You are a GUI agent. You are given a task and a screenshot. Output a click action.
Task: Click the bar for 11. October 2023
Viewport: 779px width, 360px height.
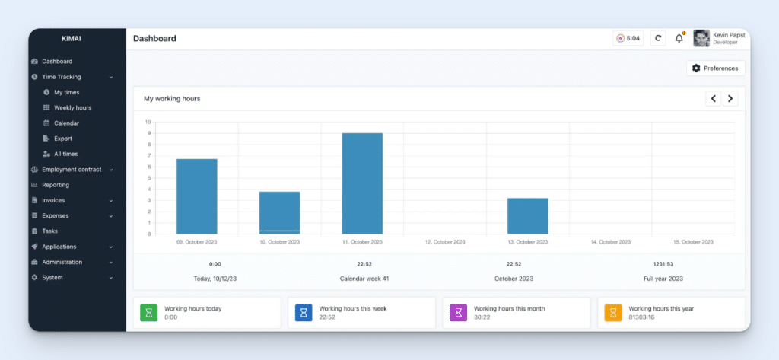click(x=362, y=183)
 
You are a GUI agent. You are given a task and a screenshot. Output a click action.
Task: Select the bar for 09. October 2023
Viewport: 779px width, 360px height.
click(x=197, y=196)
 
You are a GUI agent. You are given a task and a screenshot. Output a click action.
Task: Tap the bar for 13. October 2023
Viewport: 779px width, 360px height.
click(x=527, y=215)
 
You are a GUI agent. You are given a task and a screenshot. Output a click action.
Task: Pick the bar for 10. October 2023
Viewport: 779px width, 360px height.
click(x=279, y=212)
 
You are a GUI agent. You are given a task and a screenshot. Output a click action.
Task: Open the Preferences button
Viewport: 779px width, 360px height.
click(x=715, y=68)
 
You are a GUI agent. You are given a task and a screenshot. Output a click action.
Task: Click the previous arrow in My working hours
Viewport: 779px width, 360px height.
click(x=714, y=98)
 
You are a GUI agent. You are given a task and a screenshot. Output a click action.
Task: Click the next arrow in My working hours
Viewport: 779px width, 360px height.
click(x=730, y=98)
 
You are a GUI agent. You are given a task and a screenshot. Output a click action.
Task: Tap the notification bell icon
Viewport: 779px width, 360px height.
click(x=679, y=38)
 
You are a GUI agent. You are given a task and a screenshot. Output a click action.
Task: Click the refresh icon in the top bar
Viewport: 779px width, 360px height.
click(x=658, y=38)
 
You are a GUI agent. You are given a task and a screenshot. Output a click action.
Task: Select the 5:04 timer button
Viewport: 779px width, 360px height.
click(x=628, y=38)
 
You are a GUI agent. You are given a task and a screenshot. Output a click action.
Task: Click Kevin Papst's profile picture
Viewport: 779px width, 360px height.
click(x=701, y=38)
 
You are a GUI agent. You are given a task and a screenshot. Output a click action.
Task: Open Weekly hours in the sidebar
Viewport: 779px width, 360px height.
click(x=72, y=107)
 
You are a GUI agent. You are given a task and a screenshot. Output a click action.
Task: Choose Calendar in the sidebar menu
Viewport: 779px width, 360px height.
click(x=66, y=123)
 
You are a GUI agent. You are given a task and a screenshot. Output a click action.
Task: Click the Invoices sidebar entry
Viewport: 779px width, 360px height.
click(x=53, y=200)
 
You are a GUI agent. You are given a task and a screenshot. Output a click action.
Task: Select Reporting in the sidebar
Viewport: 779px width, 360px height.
click(x=56, y=185)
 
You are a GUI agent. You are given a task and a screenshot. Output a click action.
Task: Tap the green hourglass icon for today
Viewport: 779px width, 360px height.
click(x=149, y=312)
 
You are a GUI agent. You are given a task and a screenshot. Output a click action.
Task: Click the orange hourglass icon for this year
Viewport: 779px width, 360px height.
click(x=613, y=312)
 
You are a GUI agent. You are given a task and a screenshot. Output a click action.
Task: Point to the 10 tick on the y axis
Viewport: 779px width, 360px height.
click(x=148, y=122)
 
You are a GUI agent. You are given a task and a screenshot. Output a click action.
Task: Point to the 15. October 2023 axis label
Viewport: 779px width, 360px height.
click(x=693, y=242)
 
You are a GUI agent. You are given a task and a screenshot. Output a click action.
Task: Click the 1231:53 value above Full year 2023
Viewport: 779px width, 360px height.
click(x=663, y=264)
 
